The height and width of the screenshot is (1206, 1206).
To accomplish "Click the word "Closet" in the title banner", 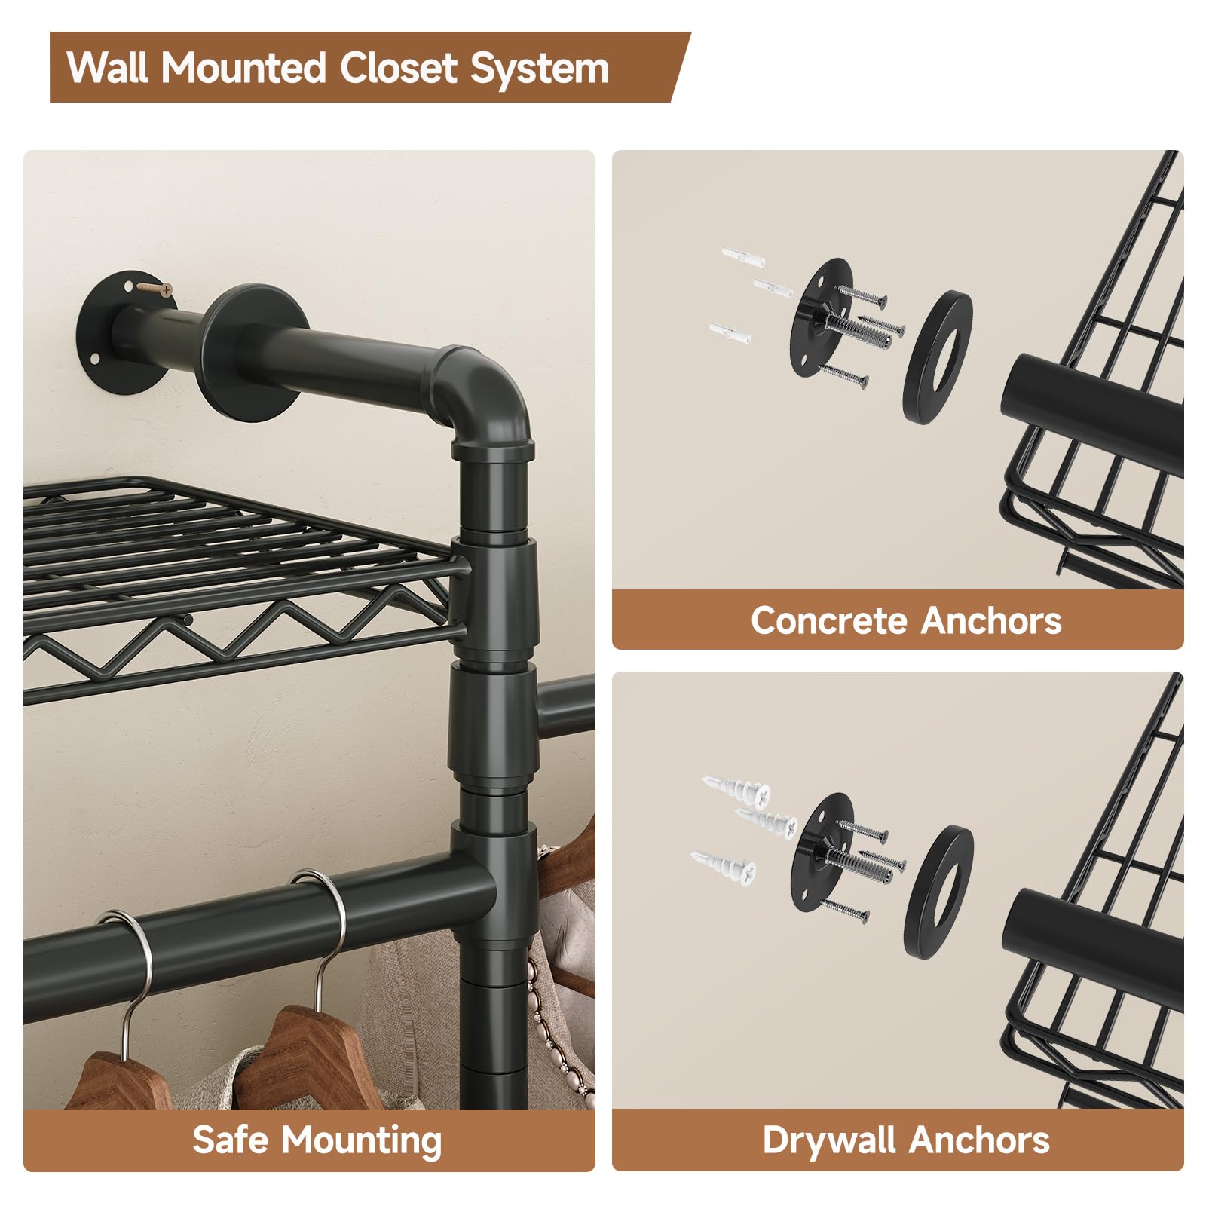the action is point(399,68).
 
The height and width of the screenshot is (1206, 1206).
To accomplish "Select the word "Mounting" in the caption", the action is point(361,1141).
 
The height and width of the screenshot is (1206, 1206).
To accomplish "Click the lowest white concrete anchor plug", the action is point(730,332).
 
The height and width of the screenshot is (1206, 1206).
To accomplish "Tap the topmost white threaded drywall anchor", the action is point(737,790).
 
